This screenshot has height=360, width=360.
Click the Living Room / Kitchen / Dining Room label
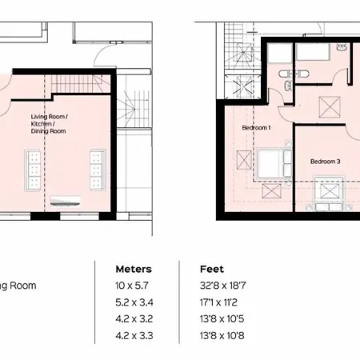49,124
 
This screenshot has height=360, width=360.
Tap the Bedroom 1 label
256,128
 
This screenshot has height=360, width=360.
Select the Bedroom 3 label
326,162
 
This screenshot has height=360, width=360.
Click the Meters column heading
134,269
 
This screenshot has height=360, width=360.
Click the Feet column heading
212,269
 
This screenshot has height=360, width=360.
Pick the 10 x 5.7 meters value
132,286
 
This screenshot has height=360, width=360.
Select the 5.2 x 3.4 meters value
134,302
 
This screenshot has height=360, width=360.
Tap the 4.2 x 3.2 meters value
134,319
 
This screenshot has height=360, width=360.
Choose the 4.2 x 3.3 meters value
134,335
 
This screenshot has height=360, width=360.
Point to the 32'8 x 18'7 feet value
223,286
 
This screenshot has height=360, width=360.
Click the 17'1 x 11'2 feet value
218,302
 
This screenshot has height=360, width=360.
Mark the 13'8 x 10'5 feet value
222,319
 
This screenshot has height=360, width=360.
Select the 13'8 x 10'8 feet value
222,335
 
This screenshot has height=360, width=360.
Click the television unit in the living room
66,202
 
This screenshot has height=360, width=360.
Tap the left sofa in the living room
33,170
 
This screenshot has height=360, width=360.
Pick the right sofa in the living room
97,170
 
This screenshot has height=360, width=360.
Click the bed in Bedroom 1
274,163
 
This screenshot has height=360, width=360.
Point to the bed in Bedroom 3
330,194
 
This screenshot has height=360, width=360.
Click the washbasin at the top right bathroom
341,47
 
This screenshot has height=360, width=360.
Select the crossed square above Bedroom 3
330,107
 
